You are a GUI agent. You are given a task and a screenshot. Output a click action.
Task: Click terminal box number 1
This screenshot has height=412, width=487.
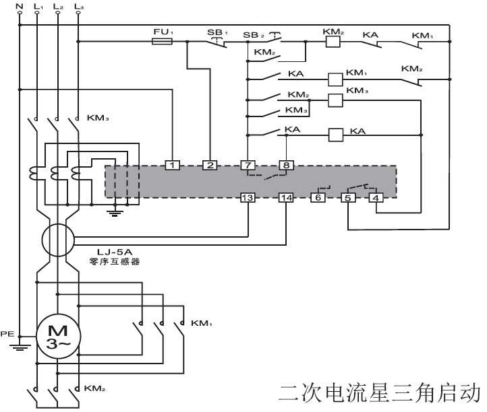pos(173,164)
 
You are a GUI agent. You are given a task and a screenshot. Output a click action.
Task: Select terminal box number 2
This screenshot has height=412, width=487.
pos(210,164)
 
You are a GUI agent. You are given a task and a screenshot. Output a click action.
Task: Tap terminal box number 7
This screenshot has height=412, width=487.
pos(248,164)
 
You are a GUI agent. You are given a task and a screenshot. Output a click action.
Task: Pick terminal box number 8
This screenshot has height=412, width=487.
pos(287,164)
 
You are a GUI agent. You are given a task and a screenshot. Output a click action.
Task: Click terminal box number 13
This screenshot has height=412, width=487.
pos(248,198)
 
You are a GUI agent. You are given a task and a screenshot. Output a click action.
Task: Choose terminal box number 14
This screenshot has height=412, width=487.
pos(287,198)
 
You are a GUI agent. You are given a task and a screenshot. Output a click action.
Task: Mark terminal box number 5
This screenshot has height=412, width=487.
pos(348,198)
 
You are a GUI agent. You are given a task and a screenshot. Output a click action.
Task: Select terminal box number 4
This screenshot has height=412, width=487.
pos(376,198)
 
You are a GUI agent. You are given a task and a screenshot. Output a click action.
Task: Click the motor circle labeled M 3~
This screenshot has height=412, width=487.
pos(58,335)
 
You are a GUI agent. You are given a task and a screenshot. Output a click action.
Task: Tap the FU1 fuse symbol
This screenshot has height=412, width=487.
pos(163,42)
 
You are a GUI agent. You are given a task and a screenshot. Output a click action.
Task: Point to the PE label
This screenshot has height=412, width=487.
pos(7,333)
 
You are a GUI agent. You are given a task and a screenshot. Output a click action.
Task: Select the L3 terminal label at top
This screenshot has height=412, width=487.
pos(80,7)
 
